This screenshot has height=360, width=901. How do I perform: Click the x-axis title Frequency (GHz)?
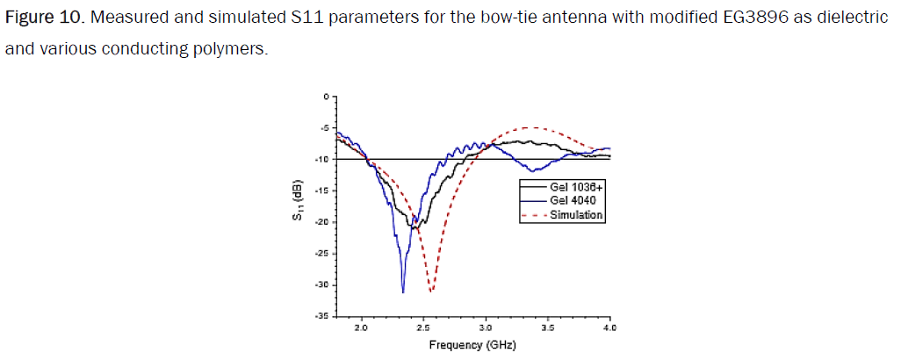[x=472, y=344]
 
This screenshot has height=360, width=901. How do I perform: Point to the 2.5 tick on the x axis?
[x=422, y=328]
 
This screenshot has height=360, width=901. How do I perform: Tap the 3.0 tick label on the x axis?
[x=486, y=328]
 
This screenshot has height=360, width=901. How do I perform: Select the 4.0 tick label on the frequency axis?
[x=610, y=328]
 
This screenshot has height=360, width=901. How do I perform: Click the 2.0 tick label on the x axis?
[x=360, y=328]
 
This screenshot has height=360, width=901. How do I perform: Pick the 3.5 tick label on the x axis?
[x=548, y=328]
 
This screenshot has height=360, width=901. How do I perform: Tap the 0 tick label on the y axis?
[x=327, y=96]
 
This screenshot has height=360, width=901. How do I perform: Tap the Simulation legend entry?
[x=576, y=214]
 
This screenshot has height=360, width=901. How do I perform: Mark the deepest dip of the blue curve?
[x=403, y=292]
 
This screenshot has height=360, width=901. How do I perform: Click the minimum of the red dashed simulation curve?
[x=431, y=291]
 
